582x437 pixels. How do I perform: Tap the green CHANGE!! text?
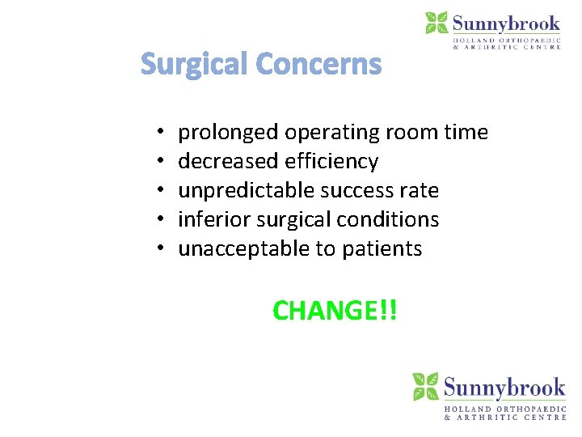335,310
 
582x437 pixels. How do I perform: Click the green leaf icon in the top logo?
436,23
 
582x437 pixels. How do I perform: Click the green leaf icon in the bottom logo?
426,387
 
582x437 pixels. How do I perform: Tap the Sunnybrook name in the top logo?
506,23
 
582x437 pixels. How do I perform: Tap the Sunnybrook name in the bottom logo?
504,387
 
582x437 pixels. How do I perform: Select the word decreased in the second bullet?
229,162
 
